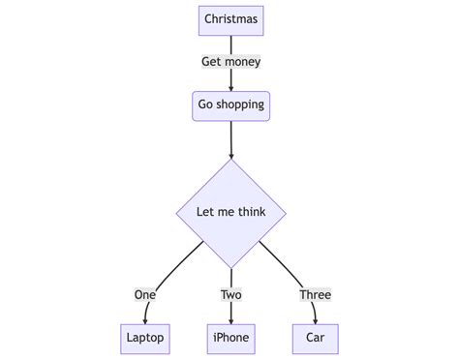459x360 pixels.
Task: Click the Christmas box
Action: point(230,19)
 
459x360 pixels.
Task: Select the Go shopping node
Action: point(230,105)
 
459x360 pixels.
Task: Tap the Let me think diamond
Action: point(230,213)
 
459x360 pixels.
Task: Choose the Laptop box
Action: point(145,338)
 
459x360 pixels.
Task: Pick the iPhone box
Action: point(230,338)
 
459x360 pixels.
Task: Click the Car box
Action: point(315,338)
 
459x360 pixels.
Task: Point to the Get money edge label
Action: point(230,62)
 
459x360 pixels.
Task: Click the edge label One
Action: point(145,294)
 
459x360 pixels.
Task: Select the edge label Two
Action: point(230,294)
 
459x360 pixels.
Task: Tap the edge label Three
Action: point(315,294)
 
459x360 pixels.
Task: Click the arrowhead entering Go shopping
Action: point(230,86)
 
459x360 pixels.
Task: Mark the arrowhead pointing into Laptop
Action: point(145,318)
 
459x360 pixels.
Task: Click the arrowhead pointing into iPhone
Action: point(230,318)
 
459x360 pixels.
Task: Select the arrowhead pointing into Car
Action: point(315,318)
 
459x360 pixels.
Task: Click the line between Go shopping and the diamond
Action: point(230,135)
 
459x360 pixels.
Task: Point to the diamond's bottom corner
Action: point(230,267)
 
